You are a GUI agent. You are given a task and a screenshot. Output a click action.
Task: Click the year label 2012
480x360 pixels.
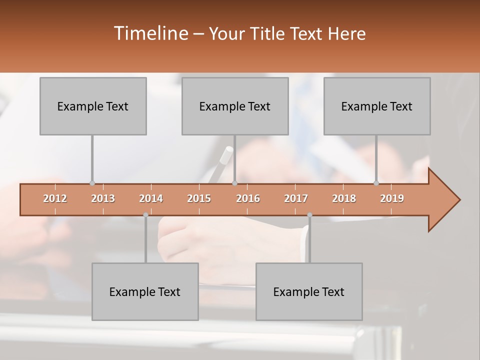click(x=55, y=198)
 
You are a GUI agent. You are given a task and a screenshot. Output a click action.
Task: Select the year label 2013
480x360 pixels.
click(x=103, y=198)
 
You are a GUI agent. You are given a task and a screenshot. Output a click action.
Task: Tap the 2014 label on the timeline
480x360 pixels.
click(x=151, y=198)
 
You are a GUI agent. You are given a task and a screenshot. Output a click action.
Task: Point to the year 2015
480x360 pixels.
click(x=199, y=198)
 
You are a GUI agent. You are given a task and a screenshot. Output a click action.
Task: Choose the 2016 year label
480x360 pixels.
click(x=248, y=198)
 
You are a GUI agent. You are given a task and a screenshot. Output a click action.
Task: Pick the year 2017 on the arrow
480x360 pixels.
click(x=296, y=198)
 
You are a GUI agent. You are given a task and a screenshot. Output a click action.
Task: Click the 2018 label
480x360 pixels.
click(x=344, y=198)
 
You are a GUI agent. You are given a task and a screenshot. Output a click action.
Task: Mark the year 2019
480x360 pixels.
click(x=392, y=198)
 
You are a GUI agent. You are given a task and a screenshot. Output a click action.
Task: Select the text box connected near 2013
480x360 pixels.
click(x=93, y=106)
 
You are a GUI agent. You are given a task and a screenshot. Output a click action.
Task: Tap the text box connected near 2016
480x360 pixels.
click(x=235, y=106)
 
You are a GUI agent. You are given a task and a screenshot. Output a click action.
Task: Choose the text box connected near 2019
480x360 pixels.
click(x=377, y=106)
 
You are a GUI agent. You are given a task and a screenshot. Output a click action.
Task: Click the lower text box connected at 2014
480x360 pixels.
click(x=145, y=292)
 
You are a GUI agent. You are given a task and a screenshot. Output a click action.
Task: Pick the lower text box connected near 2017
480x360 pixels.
click(x=309, y=292)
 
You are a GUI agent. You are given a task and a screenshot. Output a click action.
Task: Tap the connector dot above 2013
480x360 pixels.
click(x=92, y=183)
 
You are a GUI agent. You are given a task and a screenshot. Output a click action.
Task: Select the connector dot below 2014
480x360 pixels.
click(x=145, y=215)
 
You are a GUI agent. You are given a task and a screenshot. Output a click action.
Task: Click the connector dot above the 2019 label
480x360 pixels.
click(x=376, y=183)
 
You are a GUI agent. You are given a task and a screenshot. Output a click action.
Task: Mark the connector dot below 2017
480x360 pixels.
click(x=309, y=215)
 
